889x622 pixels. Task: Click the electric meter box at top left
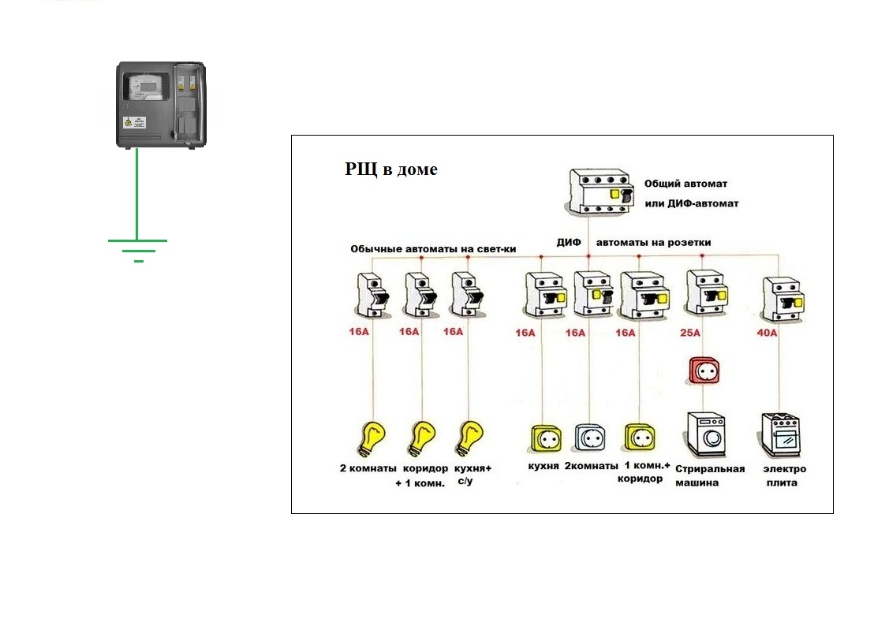tap(161, 105)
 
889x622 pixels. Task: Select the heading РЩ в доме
tap(390, 169)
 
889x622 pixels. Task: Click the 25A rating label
tap(690, 333)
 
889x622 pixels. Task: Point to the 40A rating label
tap(766, 333)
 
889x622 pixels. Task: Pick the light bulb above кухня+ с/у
tap(471, 438)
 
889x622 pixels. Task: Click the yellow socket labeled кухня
tap(543, 438)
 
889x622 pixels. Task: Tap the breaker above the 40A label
tap(783, 299)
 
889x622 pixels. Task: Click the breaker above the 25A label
tap(706, 294)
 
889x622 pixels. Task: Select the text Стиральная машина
tap(709, 475)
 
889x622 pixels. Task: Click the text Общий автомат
tap(679, 183)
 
